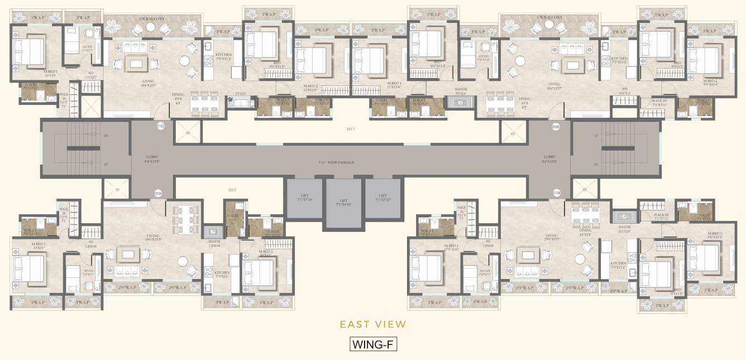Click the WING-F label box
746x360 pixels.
[373, 344]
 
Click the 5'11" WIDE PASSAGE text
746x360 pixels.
[335, 162]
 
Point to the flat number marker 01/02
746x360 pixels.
[161, 126]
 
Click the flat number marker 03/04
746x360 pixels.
[158, 193]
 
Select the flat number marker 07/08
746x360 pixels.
[556, 193]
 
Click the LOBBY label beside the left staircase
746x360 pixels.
[152, 162]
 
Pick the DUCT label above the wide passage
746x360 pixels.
[351, 129]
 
